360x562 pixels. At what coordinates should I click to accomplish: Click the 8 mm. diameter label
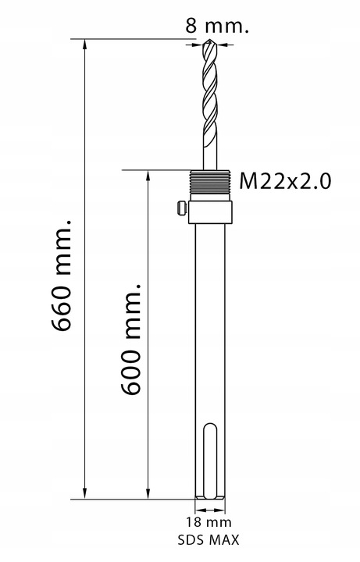point(217,25)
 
